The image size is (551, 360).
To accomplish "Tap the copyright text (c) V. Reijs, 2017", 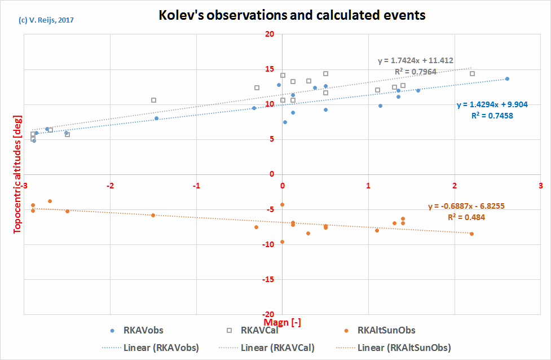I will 46,20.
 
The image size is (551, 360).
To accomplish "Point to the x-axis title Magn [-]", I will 281,322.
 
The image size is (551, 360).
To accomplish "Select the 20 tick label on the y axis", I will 269,34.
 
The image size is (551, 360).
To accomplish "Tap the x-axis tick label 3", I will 541,185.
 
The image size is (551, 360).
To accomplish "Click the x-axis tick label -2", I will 110,185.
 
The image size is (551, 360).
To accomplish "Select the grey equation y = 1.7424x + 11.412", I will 415,60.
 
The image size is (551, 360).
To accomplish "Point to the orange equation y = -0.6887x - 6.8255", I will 466,207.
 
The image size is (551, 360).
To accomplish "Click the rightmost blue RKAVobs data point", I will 507,78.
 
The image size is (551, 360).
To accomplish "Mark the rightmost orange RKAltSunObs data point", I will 471,234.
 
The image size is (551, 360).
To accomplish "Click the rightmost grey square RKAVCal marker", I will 472,73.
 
